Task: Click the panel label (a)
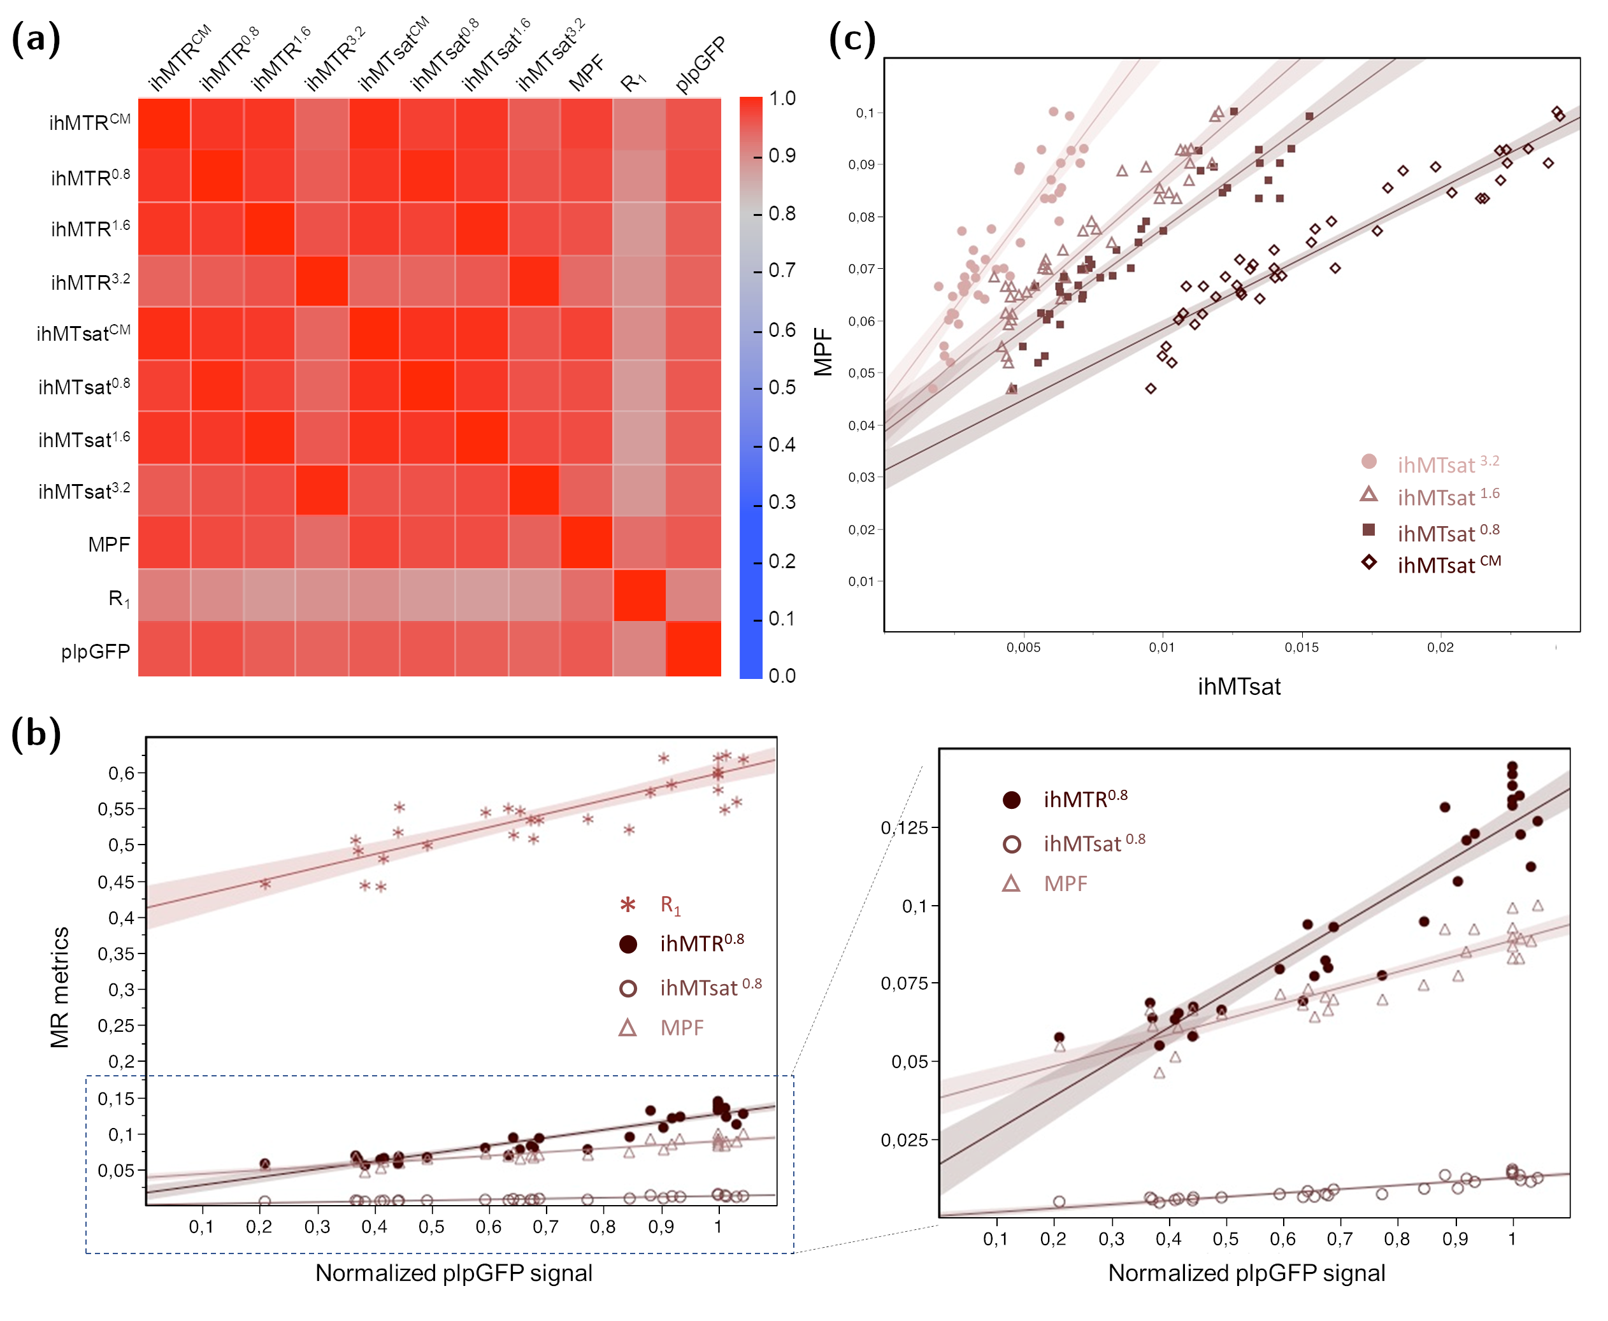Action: click(36, 39)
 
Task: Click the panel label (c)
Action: click(852, 39)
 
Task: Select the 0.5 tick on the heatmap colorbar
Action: click(782, 387)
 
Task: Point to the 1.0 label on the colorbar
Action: click(782, 99)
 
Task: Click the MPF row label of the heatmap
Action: click(109, 545)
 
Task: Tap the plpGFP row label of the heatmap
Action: click(95, 652)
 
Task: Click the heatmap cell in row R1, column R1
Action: click(639, 595)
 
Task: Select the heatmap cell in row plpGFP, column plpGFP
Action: click(693, 648)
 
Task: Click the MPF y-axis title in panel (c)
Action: click(822, 352)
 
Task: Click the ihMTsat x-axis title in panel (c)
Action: click(1239, 687)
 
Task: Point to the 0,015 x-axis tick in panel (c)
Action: click(1302, 648)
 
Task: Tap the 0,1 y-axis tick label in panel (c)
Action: click(866, 113)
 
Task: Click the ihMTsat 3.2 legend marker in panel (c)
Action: click(1368, 461)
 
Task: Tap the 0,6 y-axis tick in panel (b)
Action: click(122, 773)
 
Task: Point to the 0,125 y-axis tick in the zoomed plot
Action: click(905, 827)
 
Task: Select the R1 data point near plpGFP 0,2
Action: click(265, 883)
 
